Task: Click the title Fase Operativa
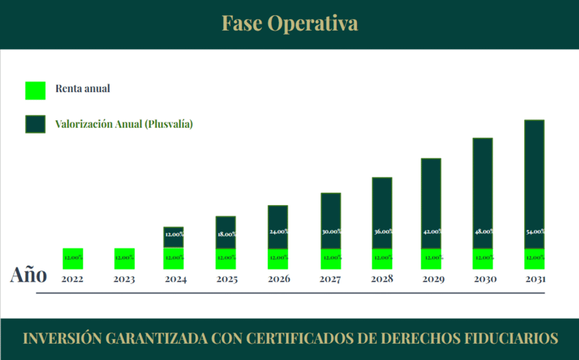click(289, 24)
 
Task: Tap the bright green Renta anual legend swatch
click(35, 90)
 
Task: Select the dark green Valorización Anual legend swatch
click(35, 124)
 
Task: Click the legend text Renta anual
click(83, 89)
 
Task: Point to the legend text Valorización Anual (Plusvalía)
click(124, 124)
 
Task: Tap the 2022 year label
click(72, 279)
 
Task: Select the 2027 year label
click(331, 279)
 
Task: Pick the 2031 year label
click(534, 279)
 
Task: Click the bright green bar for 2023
click(124, 258)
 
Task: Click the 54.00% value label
click(534, 232)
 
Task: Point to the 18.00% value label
click(226, 234)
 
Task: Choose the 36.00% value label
click(382, 232)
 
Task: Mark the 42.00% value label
click(431, 232)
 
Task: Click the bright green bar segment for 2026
click(278, 258)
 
